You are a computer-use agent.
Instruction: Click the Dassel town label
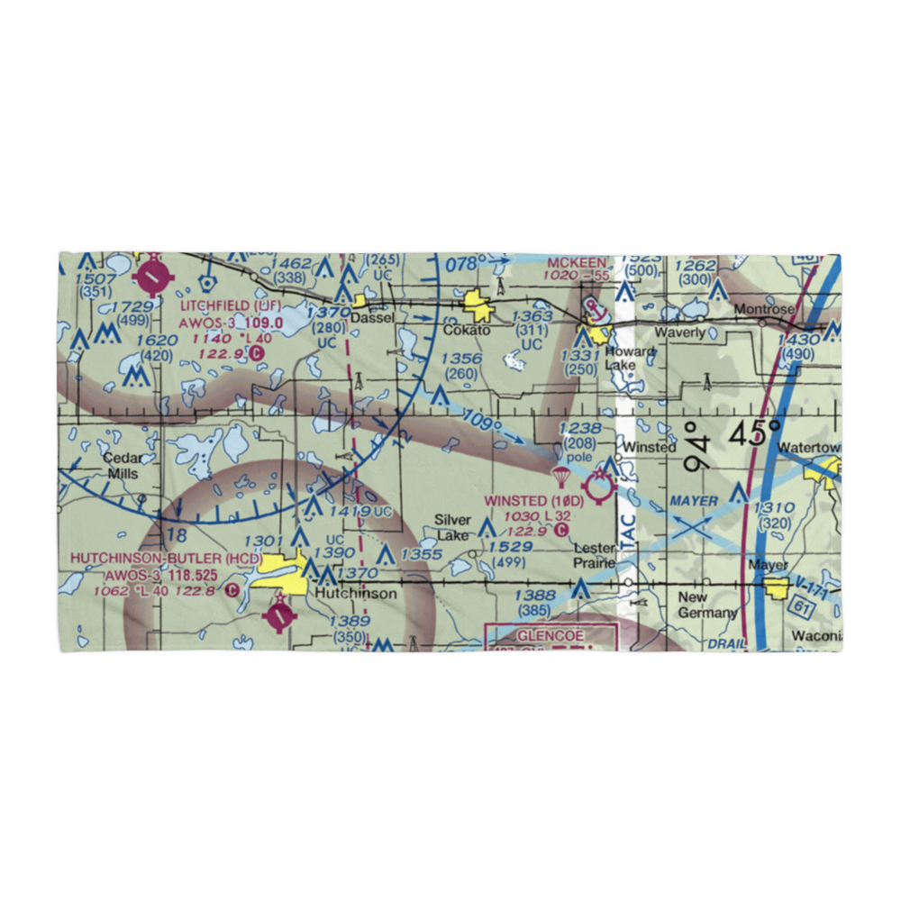coord(373,318)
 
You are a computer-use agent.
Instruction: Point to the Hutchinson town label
coord(354,595)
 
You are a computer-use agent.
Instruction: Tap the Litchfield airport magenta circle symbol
coord(154,277)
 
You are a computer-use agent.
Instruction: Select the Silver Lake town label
coord(451,527)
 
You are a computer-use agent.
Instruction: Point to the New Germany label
coord(706,605)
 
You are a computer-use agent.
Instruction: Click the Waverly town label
coord(680,332)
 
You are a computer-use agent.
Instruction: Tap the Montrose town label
coord(764,308)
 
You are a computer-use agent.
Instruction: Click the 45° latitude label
coord(755,433)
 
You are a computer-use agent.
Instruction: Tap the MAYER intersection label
coord(693,500)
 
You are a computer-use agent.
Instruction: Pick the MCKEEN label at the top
coord(577,262)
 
